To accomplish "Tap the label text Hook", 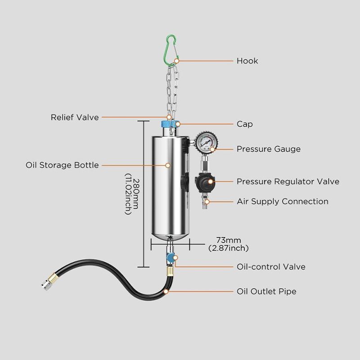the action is click(247, 61).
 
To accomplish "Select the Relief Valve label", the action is click(75, 117).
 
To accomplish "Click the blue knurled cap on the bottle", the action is click(170, 124).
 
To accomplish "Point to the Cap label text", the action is click(245, 124).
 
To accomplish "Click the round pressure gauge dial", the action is click(207, 142).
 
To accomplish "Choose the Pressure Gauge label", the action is click(269, 149).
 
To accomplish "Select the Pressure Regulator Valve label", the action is click(288, 181).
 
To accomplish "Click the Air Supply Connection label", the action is click(283, 202).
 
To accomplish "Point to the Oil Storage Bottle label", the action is click(62, 165).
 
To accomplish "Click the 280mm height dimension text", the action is click(135, 194).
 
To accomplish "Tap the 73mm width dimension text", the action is click(229, 240).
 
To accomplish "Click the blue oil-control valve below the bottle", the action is click(171, 258).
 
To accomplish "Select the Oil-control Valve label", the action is click(271, 267).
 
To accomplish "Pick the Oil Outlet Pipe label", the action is click(266, 291).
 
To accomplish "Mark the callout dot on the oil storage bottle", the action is click(168, 165).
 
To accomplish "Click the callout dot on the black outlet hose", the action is click(166, 292).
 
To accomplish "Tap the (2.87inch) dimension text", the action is click(229, 248).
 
